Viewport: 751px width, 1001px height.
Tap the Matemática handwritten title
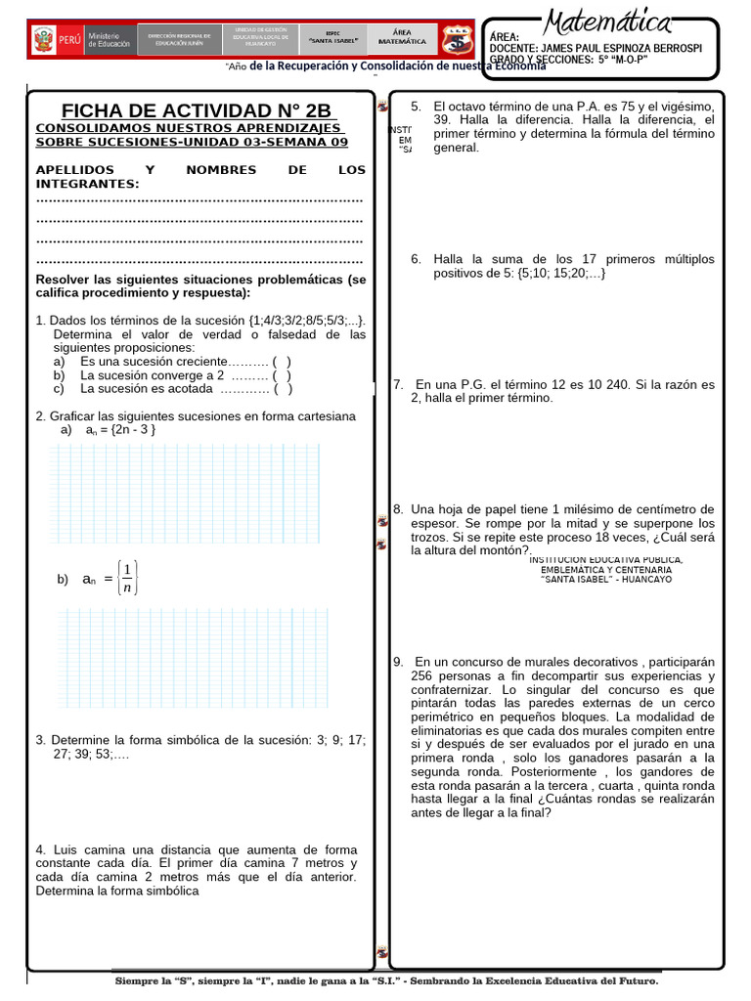(x=608, y=22)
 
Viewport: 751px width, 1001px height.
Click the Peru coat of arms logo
(x=43, y=41)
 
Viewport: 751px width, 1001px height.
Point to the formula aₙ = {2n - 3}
(x=120, y=429)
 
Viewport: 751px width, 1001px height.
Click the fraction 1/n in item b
(x=128, y=578)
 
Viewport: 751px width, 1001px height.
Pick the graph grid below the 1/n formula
(x=194, y=658)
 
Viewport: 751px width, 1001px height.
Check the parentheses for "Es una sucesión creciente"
(x=282, y=361)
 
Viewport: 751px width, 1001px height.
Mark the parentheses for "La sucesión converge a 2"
(x=282, y=374)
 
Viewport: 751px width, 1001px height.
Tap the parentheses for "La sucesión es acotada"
(x=284, y=388)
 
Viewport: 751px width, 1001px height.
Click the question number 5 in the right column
(x=416, y=107)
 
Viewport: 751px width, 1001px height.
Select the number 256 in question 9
(x=421, y=675)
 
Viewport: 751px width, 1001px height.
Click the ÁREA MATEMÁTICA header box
(x=402, y=37)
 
